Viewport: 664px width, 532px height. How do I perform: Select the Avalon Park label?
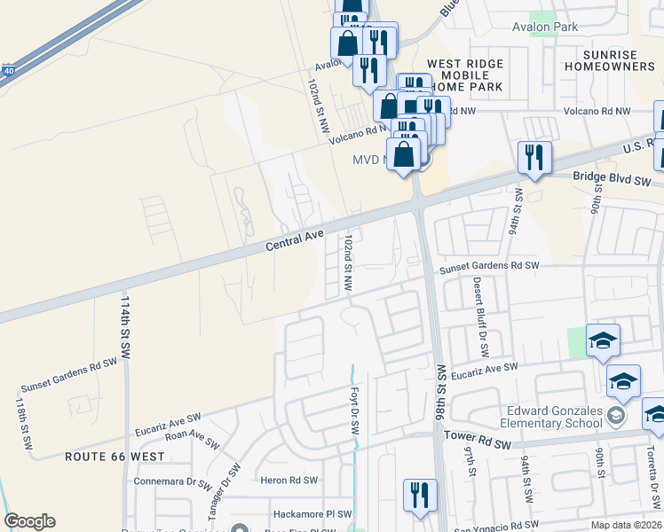545,27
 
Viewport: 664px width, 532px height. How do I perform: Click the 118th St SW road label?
22,415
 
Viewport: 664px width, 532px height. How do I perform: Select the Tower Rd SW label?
478,440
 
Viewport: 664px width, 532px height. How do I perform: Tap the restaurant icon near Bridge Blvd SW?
534,158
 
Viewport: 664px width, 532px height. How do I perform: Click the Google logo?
29,521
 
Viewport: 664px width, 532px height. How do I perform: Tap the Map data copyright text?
627,525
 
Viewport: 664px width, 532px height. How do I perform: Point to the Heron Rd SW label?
286,480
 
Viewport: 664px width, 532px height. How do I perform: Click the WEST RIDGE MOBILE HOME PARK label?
465,75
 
